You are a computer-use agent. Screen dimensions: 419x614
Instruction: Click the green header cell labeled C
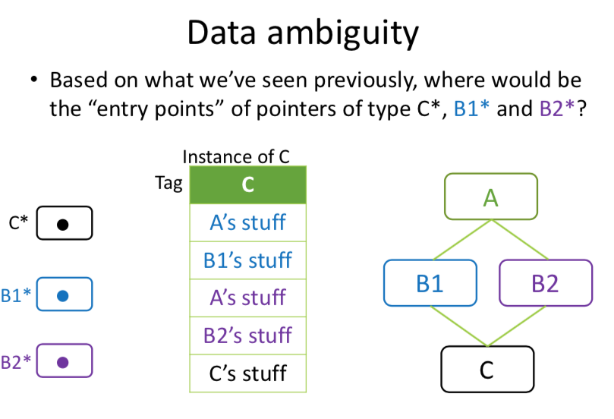pyautogui.click(x=247, y=185)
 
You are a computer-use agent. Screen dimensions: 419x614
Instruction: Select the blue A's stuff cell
pyautogui.click(x=247, y=222)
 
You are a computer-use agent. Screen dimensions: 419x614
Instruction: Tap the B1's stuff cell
pyautogui.click(x=247, y=260)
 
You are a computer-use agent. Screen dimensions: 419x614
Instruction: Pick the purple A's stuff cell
pyautogui.click(x=247, y=298)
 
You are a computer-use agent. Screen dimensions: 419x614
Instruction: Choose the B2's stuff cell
pyautogui.click(x=247, y=336)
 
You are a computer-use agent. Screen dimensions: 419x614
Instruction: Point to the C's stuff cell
pyautogui.click(x=247, y=373)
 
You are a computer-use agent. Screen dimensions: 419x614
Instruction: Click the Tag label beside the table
pyautogui.click(x=168, y=184)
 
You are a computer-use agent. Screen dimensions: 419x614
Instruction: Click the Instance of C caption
pyautogui.click(x=236, y=157)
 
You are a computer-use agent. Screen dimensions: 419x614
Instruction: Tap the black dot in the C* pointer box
pyautogui.click(x=64, y=224)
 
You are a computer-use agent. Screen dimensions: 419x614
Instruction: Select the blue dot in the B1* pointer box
pyautogui.click(x=64, y=295)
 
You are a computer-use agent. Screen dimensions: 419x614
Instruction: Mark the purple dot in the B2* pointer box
pyautogui.click(x=64, y=362)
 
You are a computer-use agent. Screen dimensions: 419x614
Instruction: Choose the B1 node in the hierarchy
pyautogui.click(x=430, y=283)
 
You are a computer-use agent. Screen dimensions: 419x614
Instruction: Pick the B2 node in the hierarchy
pyautogui.click(x=545, y=283)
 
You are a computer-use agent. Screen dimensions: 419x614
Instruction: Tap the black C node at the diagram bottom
pyautogui.click(x=487, y=370)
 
